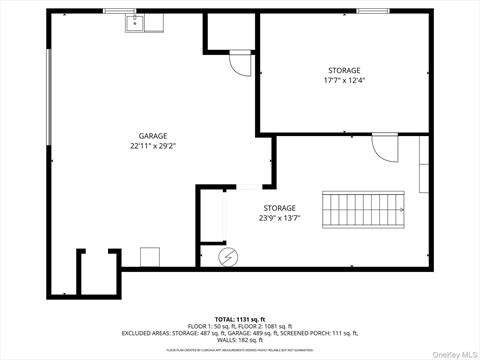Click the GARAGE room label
click(x=152, y=136)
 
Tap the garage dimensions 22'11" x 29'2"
click(x=152, y=146)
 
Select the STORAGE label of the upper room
click(x=344, y=71)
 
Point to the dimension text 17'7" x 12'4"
click(x=344, y=81)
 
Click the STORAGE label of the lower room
click(x=280, y=208)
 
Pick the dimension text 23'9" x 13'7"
click(x=280, y=218)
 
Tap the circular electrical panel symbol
click(x=228, y=255)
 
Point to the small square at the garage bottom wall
click(x=150, y=257)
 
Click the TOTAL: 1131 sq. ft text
click(x=240, y=318)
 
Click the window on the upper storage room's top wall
click(x=372, y=11)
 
